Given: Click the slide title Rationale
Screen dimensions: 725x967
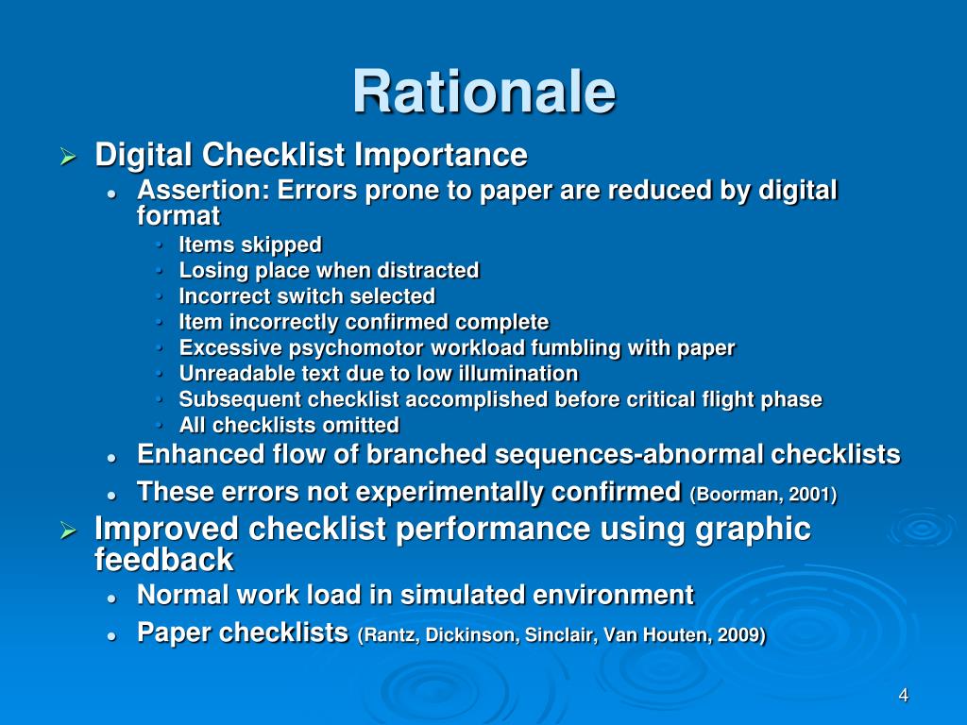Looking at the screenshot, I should coord(483,93).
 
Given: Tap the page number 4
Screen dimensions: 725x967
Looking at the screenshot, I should coord(904,696).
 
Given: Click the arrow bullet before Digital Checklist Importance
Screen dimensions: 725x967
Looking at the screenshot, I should coord(67,156).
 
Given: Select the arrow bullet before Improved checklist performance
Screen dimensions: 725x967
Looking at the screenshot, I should coord(67,531).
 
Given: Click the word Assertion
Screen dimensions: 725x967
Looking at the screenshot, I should coord(199,191).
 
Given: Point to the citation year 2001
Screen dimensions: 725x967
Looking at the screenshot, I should coord(817,495).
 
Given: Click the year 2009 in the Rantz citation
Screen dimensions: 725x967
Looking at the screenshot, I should coord(742,635).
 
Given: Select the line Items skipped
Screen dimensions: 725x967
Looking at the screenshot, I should coord(250,245).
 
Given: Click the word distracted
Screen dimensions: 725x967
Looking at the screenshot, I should coord(430,271).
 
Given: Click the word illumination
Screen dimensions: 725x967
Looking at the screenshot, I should coord(524,374).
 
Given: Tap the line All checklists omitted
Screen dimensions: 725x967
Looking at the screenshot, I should coord(289,425).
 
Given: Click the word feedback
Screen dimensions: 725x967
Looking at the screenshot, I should coord(163,560).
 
